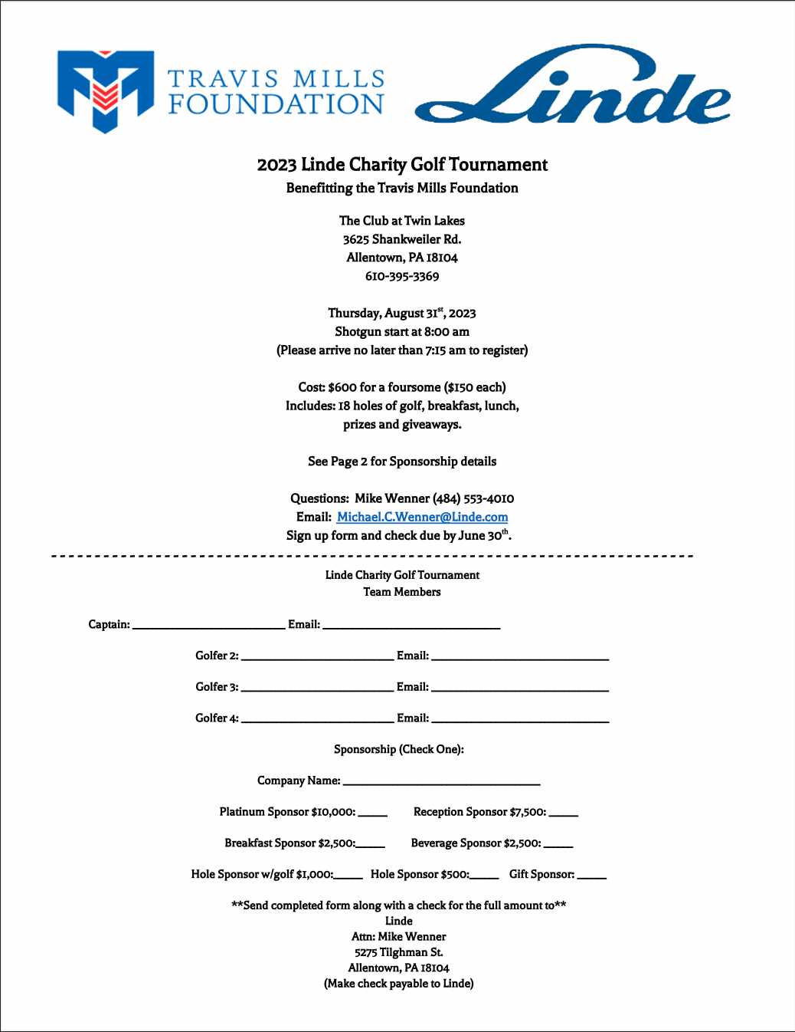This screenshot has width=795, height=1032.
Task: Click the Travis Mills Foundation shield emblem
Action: point(106,90)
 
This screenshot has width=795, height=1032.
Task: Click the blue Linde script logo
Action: point(573,87)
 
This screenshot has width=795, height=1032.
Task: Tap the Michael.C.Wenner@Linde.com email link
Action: point(422,518)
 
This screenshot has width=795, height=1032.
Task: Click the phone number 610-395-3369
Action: point(402,277)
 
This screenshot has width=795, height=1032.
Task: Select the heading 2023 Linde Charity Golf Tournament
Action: point(402,165)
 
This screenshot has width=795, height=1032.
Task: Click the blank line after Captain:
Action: point(208,626)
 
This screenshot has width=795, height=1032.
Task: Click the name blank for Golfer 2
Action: point(317,657)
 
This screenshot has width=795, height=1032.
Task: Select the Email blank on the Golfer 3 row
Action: point(520,689)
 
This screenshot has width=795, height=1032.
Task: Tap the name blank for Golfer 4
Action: point(317,719)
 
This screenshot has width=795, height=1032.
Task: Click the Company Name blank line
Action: point(441,782)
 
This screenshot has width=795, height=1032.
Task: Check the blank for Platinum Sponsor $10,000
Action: point(372,813)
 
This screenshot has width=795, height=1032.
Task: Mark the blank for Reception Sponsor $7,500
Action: point(563,813)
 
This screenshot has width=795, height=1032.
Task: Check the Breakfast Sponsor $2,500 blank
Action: point(371,845)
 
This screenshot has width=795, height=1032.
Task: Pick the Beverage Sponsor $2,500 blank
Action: point(558,845)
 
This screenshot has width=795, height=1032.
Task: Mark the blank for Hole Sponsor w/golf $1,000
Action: point(348,876)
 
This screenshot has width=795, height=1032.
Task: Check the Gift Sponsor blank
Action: point(591,876)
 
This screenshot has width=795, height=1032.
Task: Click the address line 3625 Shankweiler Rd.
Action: point(402,239)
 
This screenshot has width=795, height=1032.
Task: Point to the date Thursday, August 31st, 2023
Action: point(402,314)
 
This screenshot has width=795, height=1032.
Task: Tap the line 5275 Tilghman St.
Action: point(398,952)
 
